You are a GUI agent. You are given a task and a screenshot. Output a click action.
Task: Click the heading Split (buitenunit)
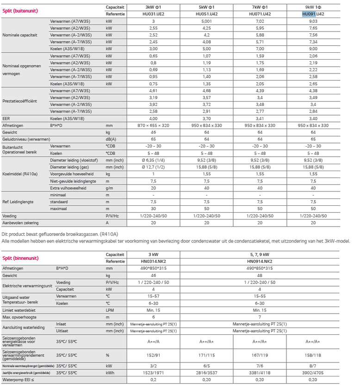pyautogui.click(x=20, y=11)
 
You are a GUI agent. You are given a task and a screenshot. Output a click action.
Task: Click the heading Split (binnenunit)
pyautogui.click(x=20, y=258)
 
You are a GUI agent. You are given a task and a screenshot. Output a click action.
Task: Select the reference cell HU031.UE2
pyautogui.click(x=153, y=14)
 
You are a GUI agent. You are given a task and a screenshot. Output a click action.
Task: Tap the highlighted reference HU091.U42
pyautogui.click(x=313, y=14)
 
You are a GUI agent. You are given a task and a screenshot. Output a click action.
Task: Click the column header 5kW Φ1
pyautogui.click(x=206, y=7)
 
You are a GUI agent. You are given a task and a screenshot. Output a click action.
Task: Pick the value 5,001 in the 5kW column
pyautogui.click(x=206, y=21)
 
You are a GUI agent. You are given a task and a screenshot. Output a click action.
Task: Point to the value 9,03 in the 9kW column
pyautogui.click(x=313, y=21)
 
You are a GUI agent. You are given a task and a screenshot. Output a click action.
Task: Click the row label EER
pyautogui.click(x=6, y=118)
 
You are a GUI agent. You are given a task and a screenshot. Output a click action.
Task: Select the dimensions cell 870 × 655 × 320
pyautogui.click(x=153, y=125)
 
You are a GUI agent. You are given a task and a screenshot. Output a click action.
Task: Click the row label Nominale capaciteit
pyautogui.click(x=19, y=35)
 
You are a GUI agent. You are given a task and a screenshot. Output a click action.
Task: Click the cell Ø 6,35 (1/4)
pyautogui.click(x=153, y=160)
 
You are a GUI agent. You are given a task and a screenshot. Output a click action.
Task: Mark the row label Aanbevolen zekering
pyautogui.click(x=21, y=222)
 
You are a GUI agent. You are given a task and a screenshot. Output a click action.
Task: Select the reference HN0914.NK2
pyautogui.click(x=259, y=261)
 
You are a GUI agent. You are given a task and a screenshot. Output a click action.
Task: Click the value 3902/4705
pyautogui.click(x=313, y=373)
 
